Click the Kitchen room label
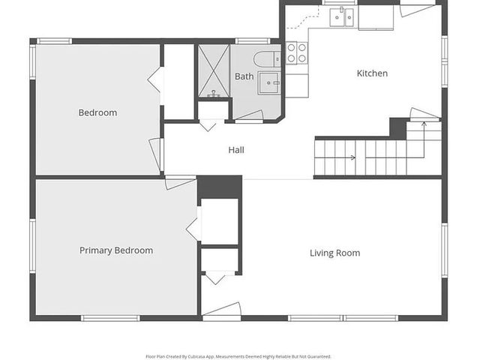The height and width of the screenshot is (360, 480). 372,73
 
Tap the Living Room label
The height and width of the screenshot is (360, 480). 334,253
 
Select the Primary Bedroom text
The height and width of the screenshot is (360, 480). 116,250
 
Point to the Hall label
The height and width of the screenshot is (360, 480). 236,150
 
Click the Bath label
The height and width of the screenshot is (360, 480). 244,76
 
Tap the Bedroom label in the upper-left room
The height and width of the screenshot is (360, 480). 97,112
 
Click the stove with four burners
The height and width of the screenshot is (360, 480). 297,52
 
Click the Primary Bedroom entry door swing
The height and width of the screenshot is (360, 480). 180,182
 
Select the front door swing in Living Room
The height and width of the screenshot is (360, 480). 222,309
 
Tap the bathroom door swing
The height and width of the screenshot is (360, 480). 249,116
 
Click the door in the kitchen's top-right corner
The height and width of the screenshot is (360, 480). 416,10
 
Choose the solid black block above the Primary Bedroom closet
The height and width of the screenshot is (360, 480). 220,187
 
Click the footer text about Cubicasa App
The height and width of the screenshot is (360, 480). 238,356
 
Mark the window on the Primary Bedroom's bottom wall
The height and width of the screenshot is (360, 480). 110,318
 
